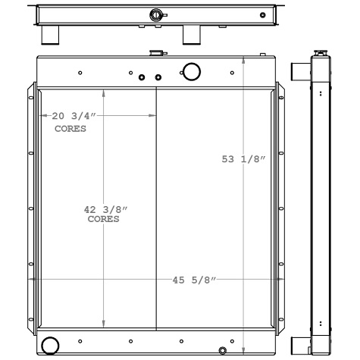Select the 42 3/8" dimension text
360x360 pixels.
(x=105, y=209)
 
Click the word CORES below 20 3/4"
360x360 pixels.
(x=70, y=128)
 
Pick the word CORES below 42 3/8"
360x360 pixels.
(x=104, y=219)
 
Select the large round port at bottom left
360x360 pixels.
(x=50, y=345)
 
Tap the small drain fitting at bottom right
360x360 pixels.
(x=222, y=350)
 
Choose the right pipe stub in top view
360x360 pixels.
(x=190, y=35)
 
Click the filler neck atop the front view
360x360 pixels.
(x=158, y=53)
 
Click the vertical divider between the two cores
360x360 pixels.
(x=156, y=208)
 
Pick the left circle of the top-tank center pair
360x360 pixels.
(x=142, y=77)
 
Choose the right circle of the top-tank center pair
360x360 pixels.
(x=158, y=77)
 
